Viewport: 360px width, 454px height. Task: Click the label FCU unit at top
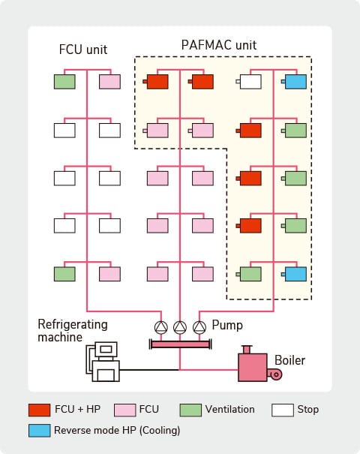(x=83, y=50)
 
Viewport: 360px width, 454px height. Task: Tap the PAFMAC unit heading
(x=219, y=45)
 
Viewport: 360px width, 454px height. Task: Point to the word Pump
(x=226, y=326)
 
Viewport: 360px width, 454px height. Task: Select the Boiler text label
(x=289, y=361)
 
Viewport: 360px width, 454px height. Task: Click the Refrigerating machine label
(x=73, y=331)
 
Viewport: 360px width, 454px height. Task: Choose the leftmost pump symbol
(x=161, y=327)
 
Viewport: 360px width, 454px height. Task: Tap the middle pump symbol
(x=180, y=327)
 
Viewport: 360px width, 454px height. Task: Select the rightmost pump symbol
(x=199, y=327)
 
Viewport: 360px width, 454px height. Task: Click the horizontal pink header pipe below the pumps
(x=180, y=344)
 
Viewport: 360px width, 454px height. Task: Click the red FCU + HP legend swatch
(x=39, y=410)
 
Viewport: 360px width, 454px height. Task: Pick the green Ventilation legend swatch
(x=190, y=410)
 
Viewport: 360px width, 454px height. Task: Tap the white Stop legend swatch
(x=282, y=410)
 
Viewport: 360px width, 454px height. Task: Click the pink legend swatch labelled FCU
(x=124, y=410)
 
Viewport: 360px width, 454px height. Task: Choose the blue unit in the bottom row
(x=296, y=274)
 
